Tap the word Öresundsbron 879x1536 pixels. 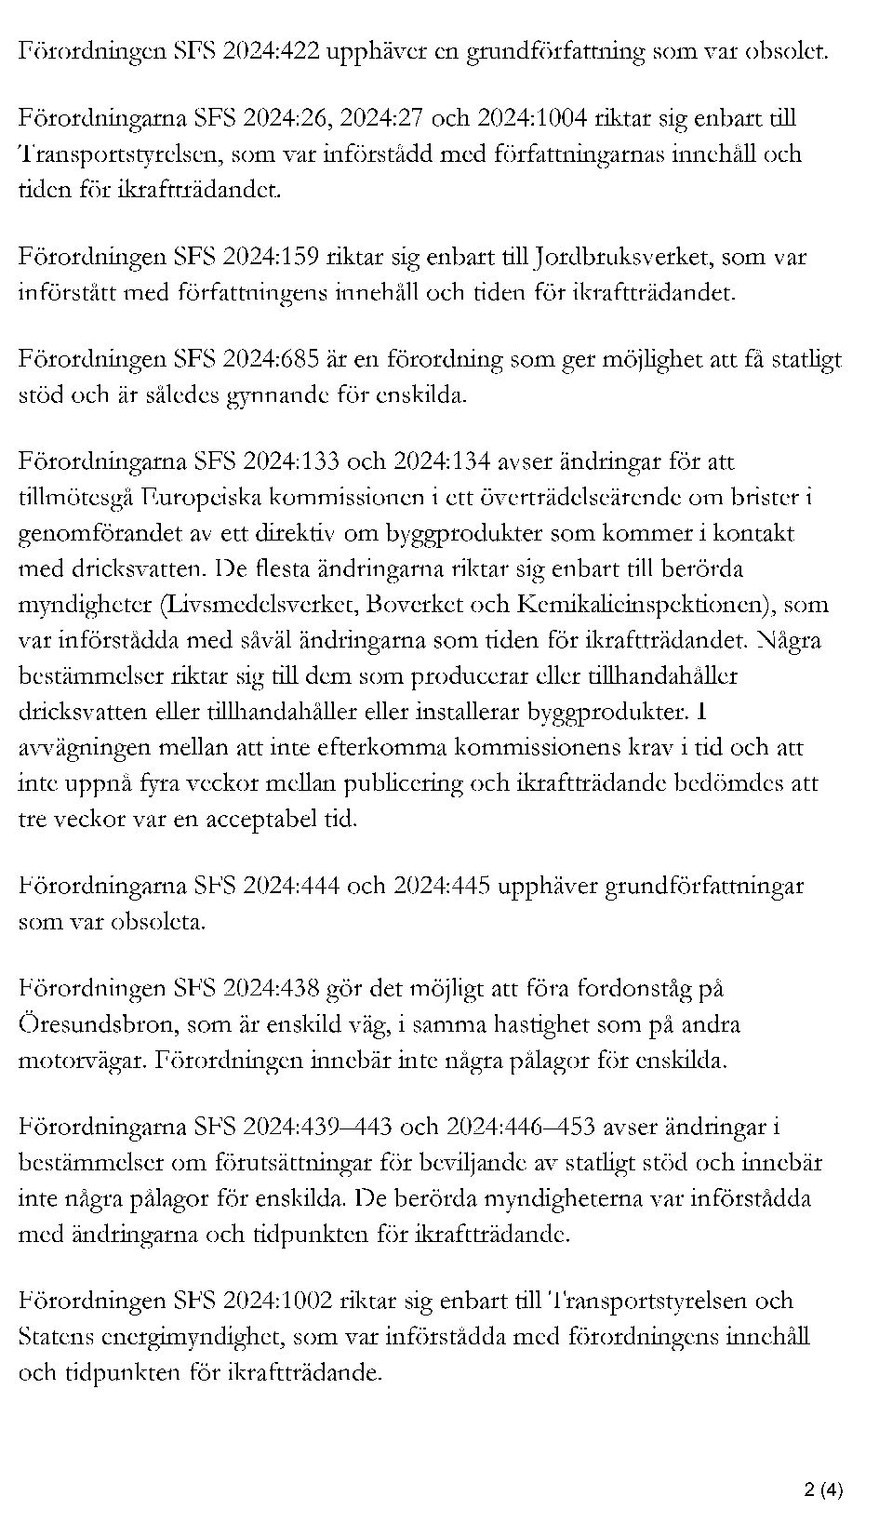click(x=97, y=1025)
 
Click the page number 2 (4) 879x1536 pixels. click(x=823, y=1490)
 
